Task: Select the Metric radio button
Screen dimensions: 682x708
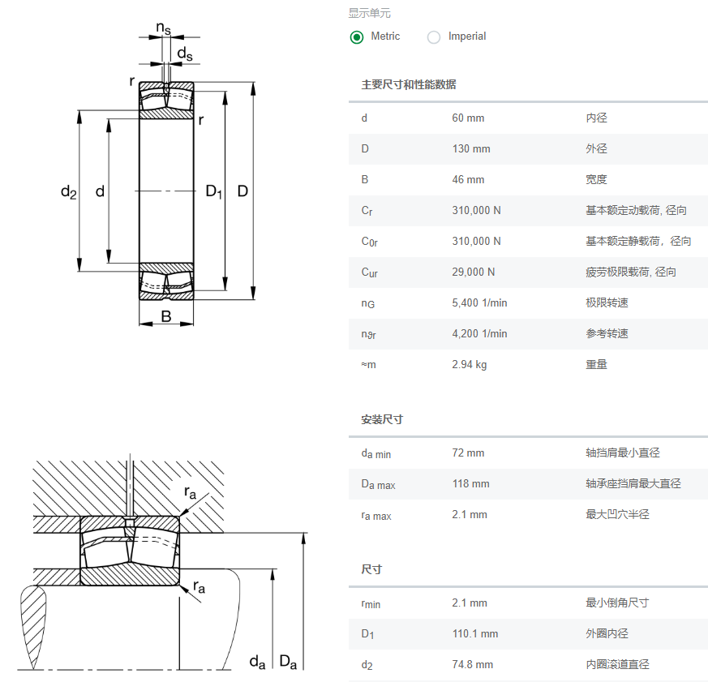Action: point(357,36)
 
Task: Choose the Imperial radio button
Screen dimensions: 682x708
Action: point(434,36)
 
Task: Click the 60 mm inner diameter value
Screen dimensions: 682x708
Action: point(468,118)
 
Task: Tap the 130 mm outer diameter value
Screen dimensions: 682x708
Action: point(471,149)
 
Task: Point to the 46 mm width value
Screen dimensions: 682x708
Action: point(468,180)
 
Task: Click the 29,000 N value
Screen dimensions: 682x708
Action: point(474,272)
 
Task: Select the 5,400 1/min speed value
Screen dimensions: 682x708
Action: point(479,303)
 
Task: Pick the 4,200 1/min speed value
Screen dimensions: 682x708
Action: point(479,334)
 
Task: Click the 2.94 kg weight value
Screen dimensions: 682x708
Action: point(470,365)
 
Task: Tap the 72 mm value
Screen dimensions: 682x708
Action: point(468,453)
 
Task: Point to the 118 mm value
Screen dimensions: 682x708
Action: point(471,484)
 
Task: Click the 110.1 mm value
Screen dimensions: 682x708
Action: point(475,634)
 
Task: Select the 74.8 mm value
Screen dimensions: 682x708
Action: point(473,665)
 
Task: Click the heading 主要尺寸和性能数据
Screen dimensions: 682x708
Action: point(409,84)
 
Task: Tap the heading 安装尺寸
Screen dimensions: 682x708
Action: point(382,420)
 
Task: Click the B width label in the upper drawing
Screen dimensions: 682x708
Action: point(166,316)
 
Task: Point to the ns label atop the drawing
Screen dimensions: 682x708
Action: point(164,28)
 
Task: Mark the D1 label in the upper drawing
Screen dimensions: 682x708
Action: point(213,192)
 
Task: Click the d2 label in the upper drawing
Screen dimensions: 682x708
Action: point(68,192)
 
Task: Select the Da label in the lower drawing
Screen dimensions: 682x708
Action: point(288,663)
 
